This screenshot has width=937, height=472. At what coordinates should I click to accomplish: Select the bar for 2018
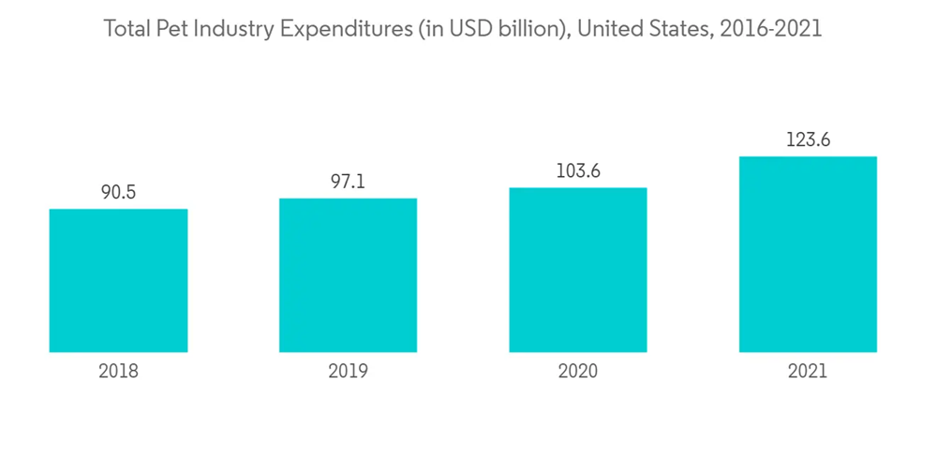(118, 280)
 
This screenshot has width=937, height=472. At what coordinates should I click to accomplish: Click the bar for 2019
(348, 275)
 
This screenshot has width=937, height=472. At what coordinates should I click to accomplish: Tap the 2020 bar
(578, 270)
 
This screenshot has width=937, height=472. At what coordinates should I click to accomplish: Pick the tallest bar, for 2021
(808, 254)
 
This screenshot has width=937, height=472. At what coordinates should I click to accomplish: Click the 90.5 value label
(118, 193)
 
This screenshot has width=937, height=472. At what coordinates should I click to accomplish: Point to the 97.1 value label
(348, 183)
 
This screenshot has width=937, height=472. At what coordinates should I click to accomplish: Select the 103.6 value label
(578, 171)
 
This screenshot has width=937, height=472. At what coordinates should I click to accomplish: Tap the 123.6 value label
(808, 140)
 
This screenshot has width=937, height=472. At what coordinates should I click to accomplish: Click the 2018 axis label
(118, 371)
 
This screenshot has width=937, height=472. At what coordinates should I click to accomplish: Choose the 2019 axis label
(348, 371)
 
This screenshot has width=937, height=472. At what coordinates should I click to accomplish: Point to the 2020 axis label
(578, 371)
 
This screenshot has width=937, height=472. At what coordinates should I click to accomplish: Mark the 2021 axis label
(808, 371)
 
